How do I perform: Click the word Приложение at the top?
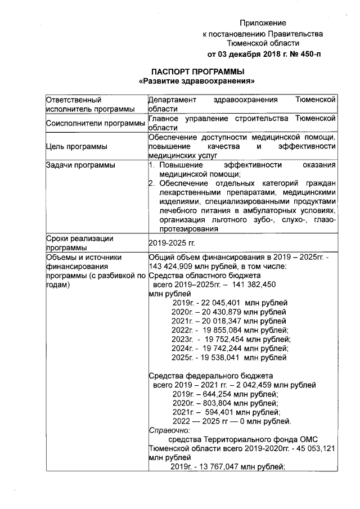(263, 23)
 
